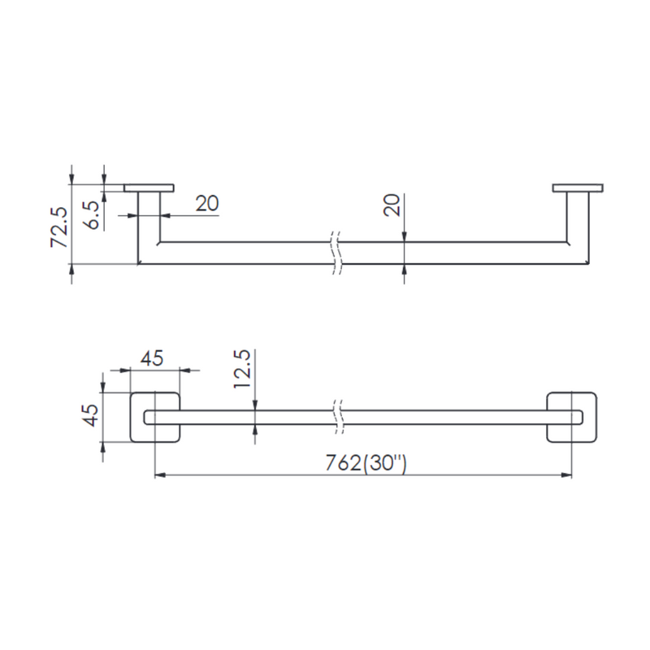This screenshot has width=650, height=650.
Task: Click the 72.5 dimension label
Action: coord(58,227)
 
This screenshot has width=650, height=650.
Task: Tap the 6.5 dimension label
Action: coord(91,214)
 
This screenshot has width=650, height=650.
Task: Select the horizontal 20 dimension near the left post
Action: coord(207,203)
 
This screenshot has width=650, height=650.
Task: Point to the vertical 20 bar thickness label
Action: coord(392,205)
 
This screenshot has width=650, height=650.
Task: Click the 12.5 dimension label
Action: coord(241,369)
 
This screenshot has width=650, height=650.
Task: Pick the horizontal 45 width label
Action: coord(152,358)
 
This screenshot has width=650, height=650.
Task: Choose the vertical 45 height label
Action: coord(90,415)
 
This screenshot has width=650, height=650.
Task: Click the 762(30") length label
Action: coord(366,463)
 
